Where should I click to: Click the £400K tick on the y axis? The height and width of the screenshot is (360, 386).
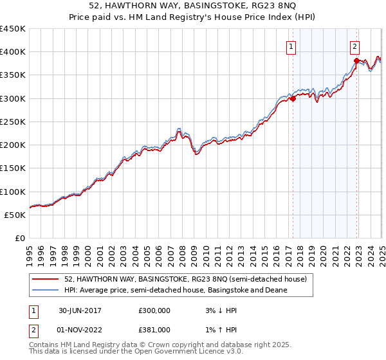pyautogui.click(x=13, y=52)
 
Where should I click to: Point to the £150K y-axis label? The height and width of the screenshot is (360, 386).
pyautogui.click(x=13, y=168)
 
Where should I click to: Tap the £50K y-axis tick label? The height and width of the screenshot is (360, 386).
pyautogui.click(x=15, y=215)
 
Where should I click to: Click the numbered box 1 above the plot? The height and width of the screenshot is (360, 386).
pyautogui.click(x=291, y=46)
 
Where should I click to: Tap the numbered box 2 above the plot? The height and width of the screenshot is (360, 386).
pyautogui.click(x=355, y=46)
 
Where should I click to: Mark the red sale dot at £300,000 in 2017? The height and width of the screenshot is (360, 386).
pyautogui.click(x=293, y=99)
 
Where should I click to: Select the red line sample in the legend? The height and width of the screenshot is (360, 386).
pyautogui.click(x=45, y=279)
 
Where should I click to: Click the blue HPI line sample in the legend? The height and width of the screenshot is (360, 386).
pyautogui.click(x=45, y=290)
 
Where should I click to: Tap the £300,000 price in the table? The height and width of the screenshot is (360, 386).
pyautogui.click(x=154, y=310)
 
